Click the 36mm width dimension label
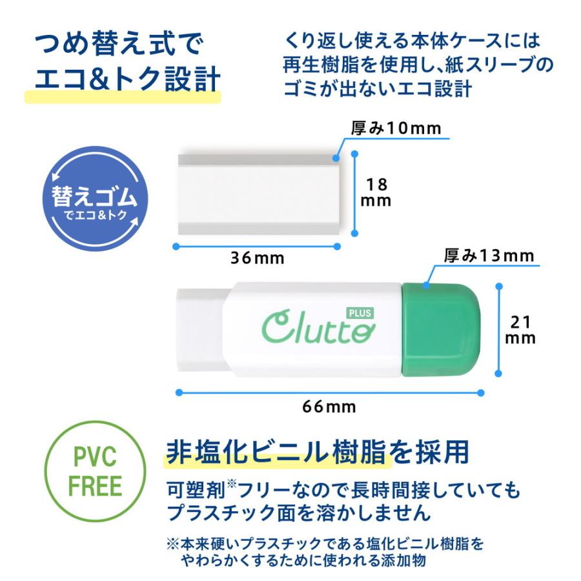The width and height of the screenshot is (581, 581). click(x=258, y=258)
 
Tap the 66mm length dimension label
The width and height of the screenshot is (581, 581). click(x=329, y=407)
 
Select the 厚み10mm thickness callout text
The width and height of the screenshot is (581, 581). click(x=396, y=128)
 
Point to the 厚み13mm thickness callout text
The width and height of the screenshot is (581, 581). click(x=489, y=256)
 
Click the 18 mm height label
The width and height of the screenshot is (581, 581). click(x=376, y=192)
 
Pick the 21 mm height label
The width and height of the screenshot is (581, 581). click(x=520, y=329)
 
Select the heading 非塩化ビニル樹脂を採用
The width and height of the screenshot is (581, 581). click(x=317, y=452)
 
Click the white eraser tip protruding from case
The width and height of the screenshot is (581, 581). click(x=200, y=329)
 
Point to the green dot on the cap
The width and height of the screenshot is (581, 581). click(x=425, y=283)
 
